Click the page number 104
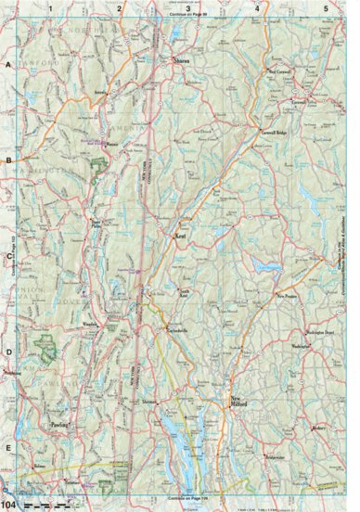coord(8,504)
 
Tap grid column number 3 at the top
coord(188,7)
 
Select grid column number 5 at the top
coord(326,7)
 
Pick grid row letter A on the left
coord(7,66)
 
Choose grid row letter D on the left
coord(7,351)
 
